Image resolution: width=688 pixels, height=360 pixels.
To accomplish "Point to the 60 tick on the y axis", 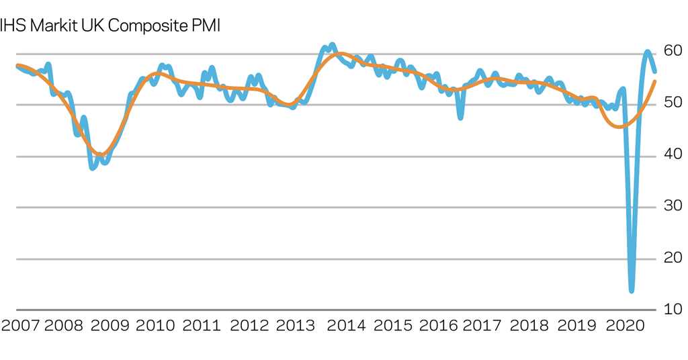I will point(673,51).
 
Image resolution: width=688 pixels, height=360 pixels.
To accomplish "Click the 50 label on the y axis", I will point(673,103).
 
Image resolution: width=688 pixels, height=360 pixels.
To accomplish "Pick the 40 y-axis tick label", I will point(673,154).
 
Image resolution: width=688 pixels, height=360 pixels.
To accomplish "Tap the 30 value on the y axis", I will point(673,206).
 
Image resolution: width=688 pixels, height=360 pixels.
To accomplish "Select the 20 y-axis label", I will point(673,258).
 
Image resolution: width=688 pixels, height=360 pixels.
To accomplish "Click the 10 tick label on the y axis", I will point(673,310).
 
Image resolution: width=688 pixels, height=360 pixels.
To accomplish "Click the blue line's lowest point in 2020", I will point(632,290).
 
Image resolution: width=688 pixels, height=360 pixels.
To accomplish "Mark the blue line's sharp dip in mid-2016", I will point(460,118).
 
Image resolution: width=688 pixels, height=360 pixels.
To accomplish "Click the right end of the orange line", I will point(655,81).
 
